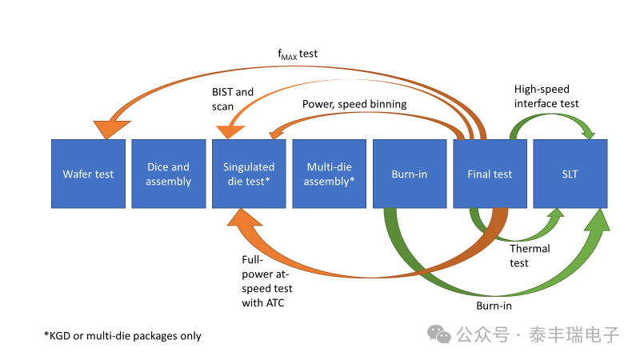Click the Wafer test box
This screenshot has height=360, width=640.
[88, 174]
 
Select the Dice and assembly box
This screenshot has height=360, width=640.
[169, 174]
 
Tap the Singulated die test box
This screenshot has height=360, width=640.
[249, 174]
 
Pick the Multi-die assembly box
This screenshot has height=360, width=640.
[330, 174]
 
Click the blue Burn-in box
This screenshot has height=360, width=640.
[410, 174]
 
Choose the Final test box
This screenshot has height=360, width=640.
[490, 174]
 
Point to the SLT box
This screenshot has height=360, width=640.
[570, 174]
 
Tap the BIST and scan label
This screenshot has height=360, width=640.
[232, 99]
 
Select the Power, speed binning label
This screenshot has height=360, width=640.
[354, 104]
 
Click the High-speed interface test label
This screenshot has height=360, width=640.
[546, 96]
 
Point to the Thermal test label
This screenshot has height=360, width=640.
[530, 256]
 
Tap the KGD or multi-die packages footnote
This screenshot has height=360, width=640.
[122, 336]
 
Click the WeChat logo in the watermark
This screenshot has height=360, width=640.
[439, 334]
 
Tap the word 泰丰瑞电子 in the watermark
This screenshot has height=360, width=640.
[574, 335]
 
